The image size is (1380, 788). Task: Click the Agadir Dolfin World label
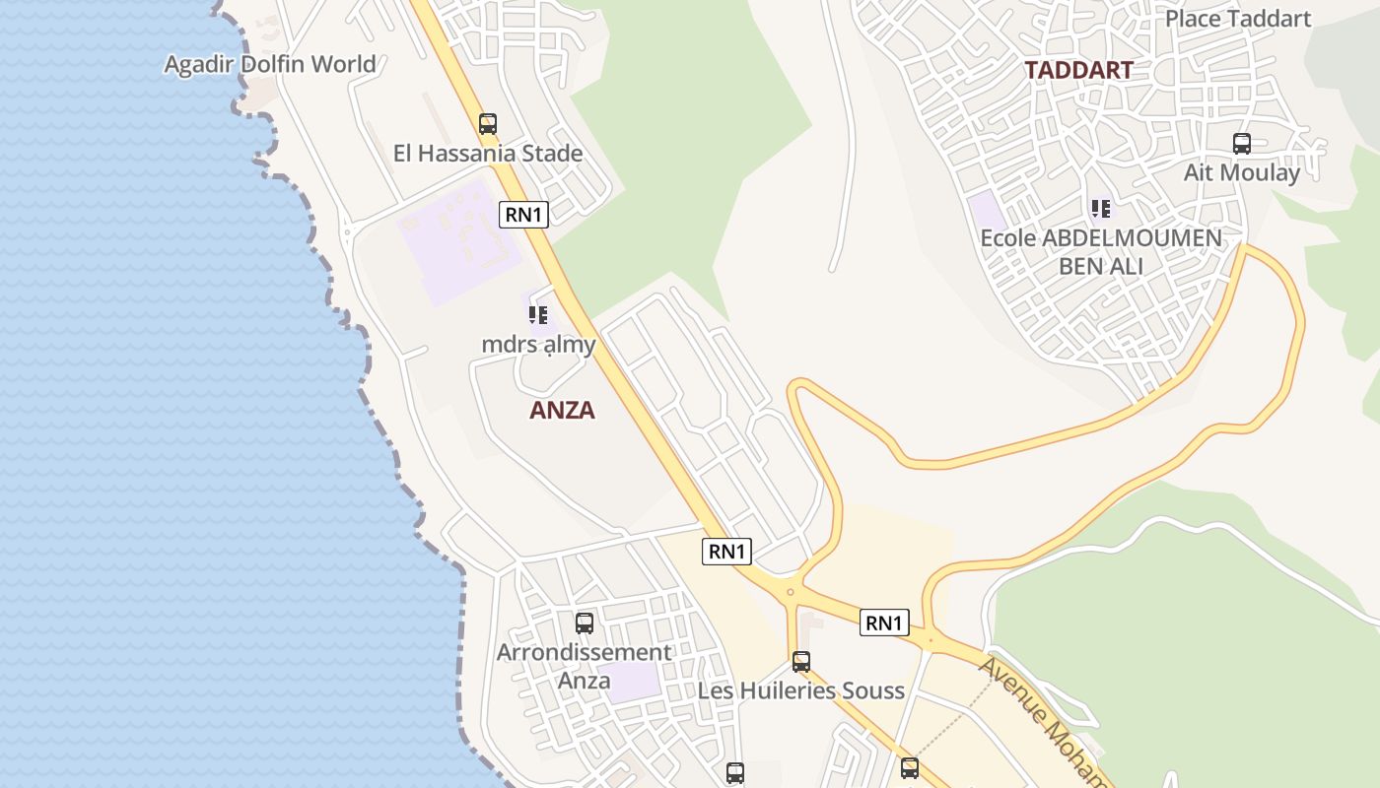click(x=269, y=64)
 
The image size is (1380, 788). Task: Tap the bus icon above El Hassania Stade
click(x=488, y=124)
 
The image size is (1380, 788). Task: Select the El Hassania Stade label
click(x=488, y=154)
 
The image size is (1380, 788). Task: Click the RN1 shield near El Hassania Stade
click(x=523, y=214)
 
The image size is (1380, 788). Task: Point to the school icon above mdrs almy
click(x=538, y=315)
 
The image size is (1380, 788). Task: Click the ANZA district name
click(x=562, y=411)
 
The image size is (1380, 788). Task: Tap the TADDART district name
click(x=1078, y=70)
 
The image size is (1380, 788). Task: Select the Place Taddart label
click(x=1238, y=19)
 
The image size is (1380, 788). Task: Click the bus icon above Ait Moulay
click(x=1242, y=144)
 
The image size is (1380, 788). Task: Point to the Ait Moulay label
click(x=1242, y=172)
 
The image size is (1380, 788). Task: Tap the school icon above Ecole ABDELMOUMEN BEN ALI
click(x=1101, y=209)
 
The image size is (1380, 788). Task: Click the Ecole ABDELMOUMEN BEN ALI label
click(x=1101, y=251)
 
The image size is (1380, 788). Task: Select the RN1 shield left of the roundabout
click(x=727, y=552)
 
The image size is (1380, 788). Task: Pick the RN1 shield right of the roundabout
click(x=884, y=623)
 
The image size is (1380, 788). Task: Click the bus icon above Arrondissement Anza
click(x=585, y=624)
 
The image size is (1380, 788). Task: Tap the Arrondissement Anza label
click(x=585, y=666)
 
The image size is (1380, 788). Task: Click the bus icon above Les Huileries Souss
click(x=801, y=662)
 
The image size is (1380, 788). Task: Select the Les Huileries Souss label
click(x=801, y=690)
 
